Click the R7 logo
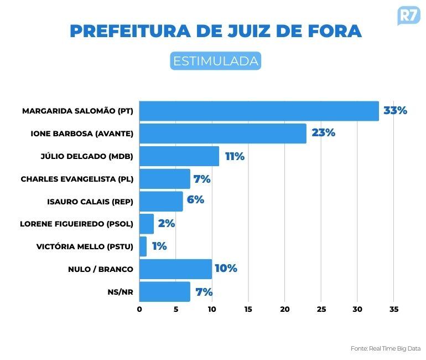coord(408,16)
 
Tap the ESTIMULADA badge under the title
coord(215,61)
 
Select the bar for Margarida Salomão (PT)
coord(259,111)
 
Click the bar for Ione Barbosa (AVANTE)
coord(222,133)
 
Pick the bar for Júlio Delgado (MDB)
coord(179,156)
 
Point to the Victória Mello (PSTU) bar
coord(143,246)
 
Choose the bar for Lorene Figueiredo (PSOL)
coord(147,224)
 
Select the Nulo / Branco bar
coord(175,269)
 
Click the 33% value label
coord(395,111)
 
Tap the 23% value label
coord(323,133)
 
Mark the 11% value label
coord(235,156)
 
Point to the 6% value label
coord(195,200)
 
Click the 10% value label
coord(226,269)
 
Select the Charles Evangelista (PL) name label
coord(77,179)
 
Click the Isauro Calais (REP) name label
coord(90,202)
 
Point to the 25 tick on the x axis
coord(321,309)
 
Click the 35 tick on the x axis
coord(394,309)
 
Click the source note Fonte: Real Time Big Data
coord(385,348)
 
